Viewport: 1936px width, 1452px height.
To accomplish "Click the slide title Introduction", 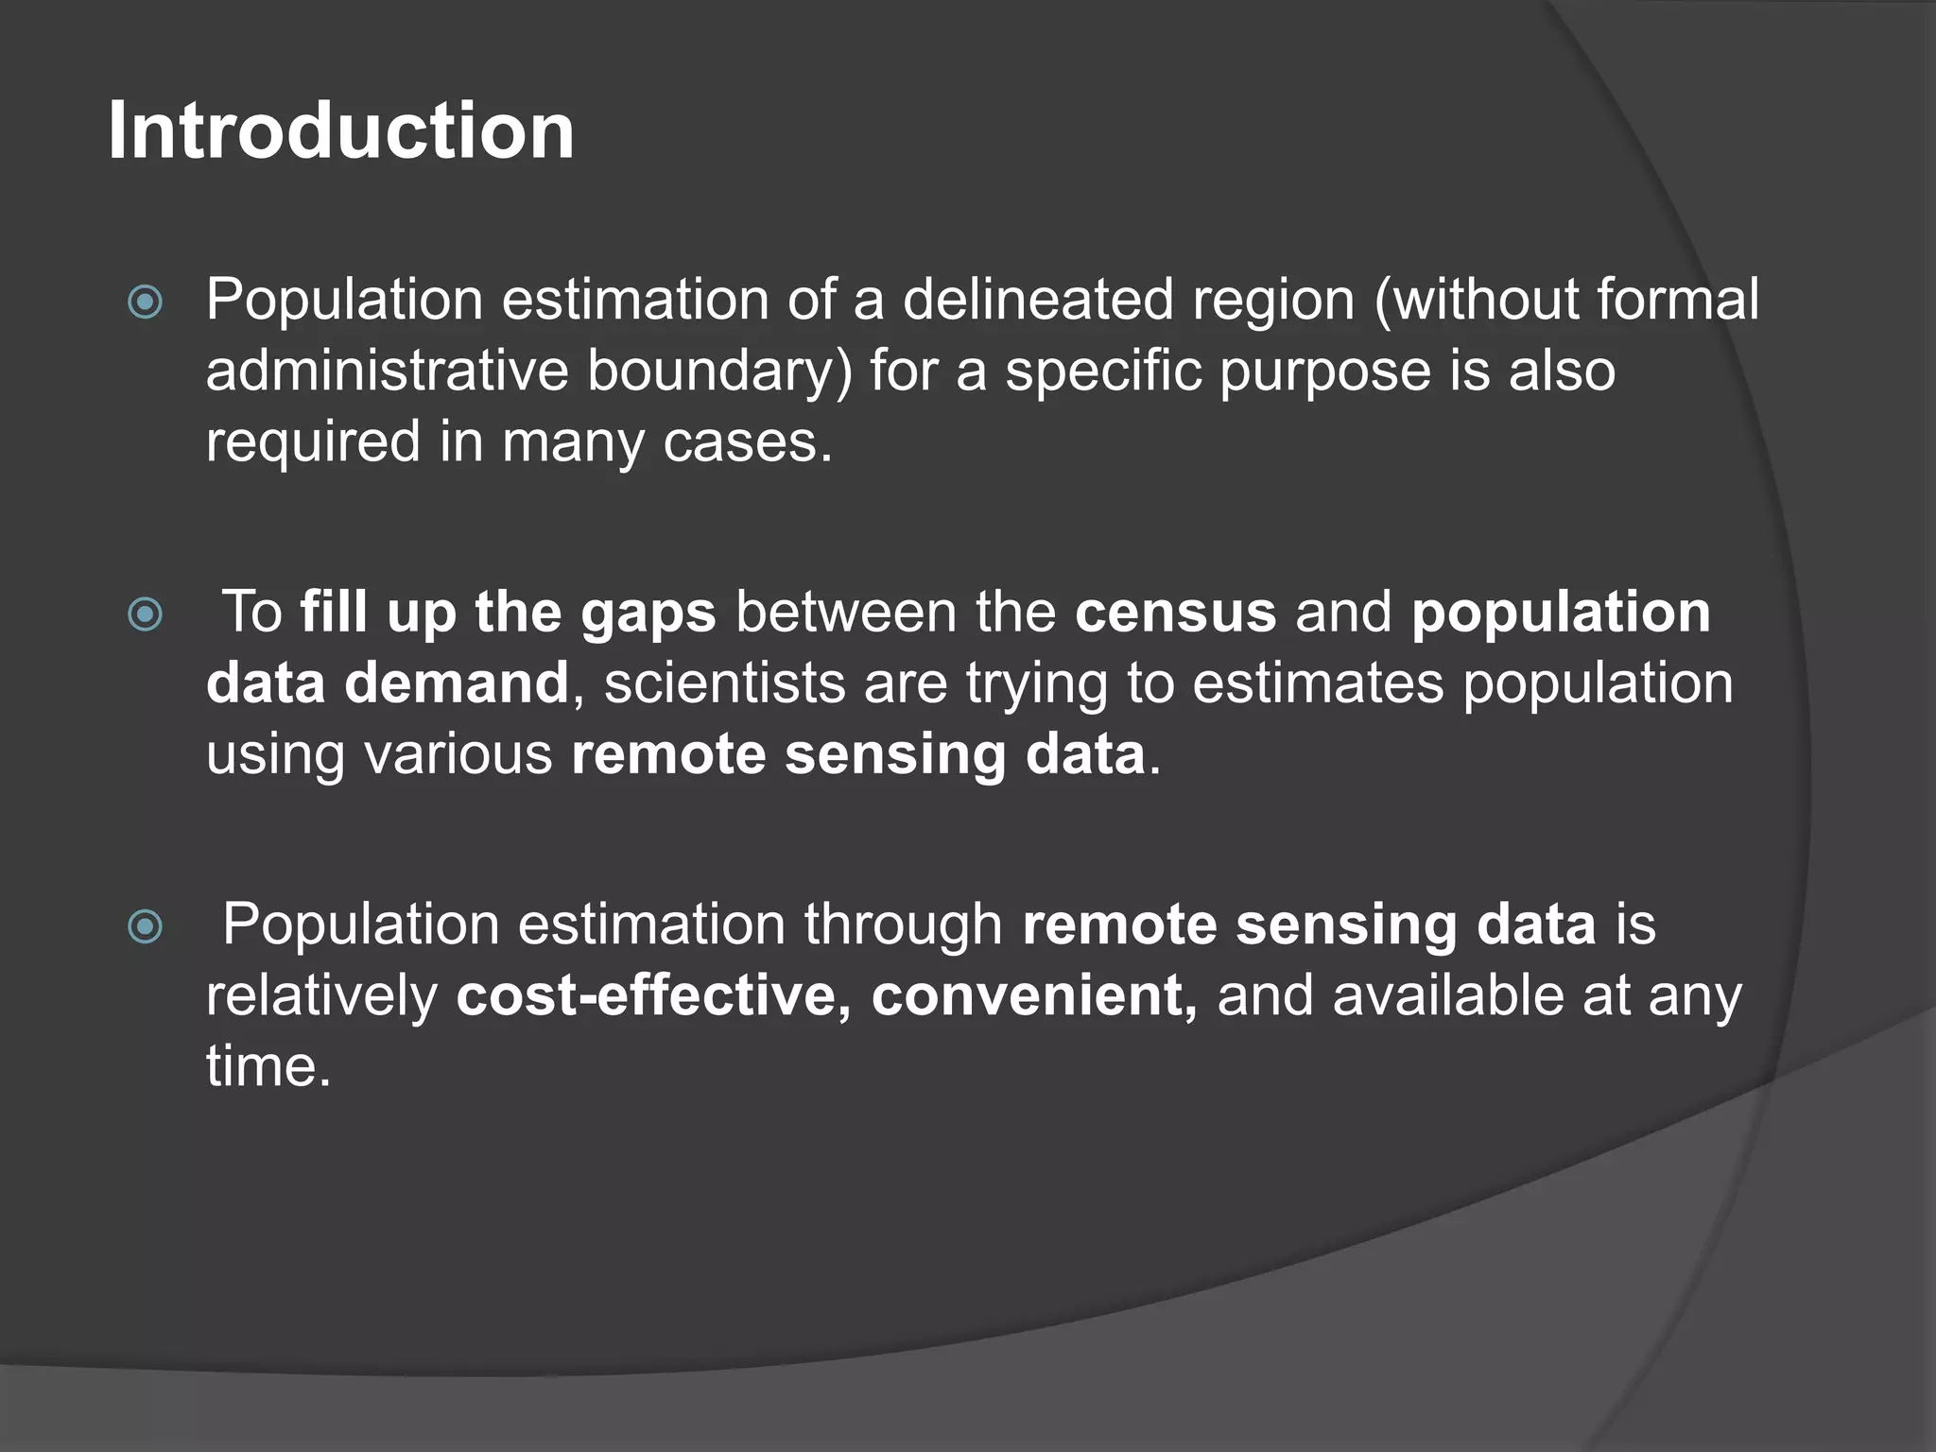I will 341,130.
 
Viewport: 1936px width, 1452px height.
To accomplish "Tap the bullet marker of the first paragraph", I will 146,302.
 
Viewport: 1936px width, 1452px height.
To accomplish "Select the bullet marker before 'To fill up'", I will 146,614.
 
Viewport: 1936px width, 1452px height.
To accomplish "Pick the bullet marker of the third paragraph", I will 146,926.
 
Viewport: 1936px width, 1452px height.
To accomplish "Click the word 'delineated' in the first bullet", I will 1038,301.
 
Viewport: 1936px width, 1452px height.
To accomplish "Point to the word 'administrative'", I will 388,371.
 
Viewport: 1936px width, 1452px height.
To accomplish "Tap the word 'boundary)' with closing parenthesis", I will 719,372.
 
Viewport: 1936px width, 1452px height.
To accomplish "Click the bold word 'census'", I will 1175,613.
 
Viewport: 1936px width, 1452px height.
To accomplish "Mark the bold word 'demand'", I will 457,683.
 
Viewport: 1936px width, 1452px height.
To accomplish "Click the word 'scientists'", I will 724,683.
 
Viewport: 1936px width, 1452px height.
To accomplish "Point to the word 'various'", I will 458,754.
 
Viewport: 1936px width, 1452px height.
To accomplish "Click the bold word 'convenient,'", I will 1034,995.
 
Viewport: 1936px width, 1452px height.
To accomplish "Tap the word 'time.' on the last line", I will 269,1066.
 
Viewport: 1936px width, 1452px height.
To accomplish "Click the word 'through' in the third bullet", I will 903,925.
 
